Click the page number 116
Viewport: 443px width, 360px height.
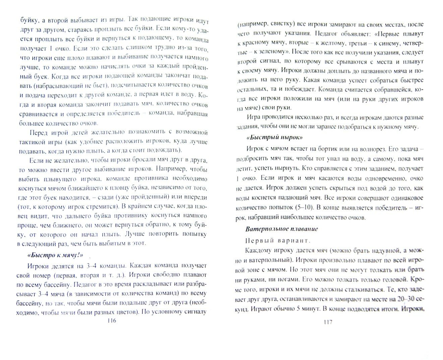(x=110, y=321)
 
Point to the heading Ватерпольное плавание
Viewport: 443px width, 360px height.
(x=281, y=229)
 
